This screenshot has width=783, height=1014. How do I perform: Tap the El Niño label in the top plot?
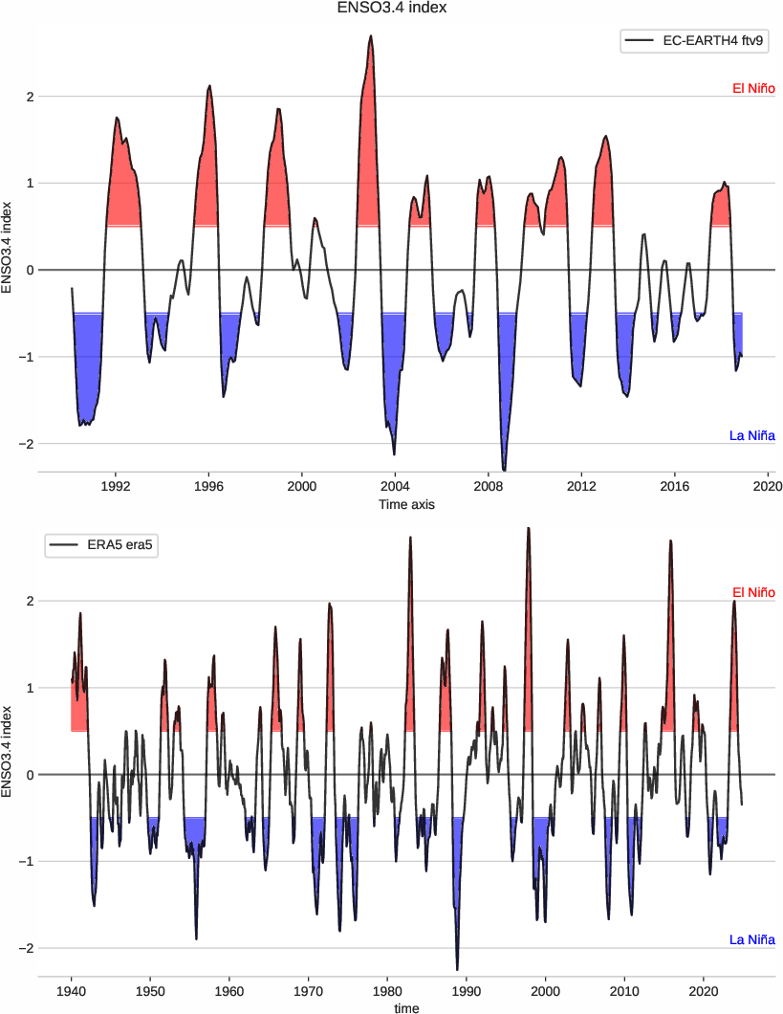[752, 88]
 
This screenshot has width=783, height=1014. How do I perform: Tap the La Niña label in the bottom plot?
[751, 939]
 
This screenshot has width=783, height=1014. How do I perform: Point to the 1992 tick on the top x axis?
[116, 486]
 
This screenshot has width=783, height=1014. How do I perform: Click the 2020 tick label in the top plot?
[768, 486]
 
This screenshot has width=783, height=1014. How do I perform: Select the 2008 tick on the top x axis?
[489, 486]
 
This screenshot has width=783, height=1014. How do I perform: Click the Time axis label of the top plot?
[406, 504]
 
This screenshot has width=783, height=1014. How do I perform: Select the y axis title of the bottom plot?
[9, 751]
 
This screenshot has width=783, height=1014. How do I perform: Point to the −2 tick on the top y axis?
[27, 444]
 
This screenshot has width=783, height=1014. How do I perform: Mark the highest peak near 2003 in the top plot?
[371, 36]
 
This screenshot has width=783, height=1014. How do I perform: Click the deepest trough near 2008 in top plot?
[504, 469]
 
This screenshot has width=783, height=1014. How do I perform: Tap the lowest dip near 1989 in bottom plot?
[457, 968]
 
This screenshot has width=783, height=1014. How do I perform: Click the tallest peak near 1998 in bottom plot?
[528, 528]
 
